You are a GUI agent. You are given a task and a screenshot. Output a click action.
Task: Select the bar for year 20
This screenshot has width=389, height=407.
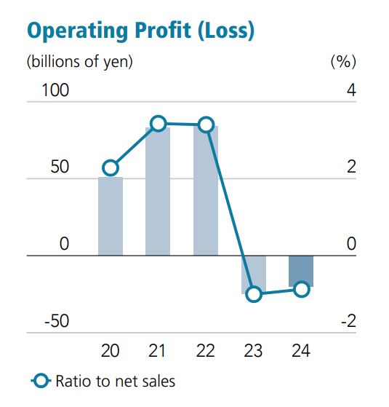(x=111, y=216)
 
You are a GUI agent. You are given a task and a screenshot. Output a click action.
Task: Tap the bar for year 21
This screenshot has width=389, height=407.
(x=158, y=191)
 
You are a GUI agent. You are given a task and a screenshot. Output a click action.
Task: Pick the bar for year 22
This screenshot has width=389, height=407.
(x=206, y=191)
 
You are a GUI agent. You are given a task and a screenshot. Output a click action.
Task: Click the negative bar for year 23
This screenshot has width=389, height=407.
(x=254, y=274)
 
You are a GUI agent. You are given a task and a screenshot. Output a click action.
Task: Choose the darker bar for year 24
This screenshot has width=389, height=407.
(x=301, y=271)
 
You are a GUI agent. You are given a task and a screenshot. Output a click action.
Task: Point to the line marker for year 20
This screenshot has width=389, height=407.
(x=111, y=168)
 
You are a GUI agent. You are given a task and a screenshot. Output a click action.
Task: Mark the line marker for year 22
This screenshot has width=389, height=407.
(x=206, y=125)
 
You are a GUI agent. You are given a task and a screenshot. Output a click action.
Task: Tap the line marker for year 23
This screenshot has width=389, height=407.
(x=254, y=294)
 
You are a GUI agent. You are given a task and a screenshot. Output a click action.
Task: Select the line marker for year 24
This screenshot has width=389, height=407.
(x=301, y=289)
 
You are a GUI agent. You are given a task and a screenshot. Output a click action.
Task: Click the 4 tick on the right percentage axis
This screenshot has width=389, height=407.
(x=351, y=91)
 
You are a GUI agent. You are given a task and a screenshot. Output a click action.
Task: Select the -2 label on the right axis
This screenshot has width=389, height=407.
(x=348, y=321)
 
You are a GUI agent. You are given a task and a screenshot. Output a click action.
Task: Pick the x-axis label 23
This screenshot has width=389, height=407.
(x=253, y=351)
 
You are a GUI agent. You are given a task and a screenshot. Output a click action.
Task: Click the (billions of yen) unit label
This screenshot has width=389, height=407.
(x=80, y=62)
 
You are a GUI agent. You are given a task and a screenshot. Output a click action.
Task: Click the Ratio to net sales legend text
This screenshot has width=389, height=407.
(x=116, y=380)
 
